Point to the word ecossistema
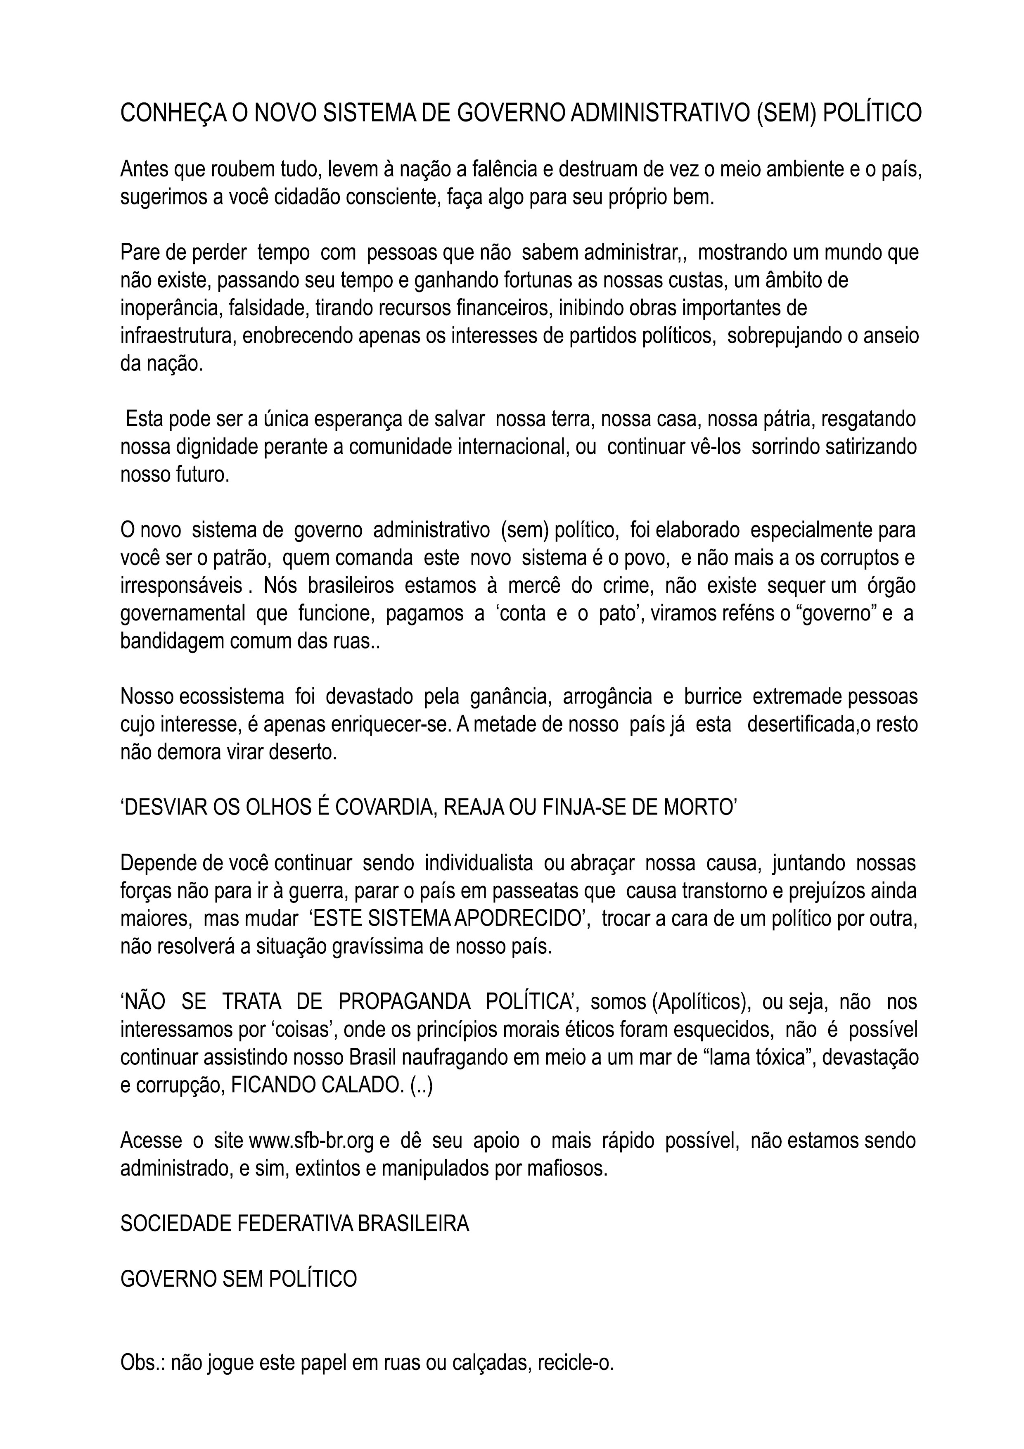[232, 697]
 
